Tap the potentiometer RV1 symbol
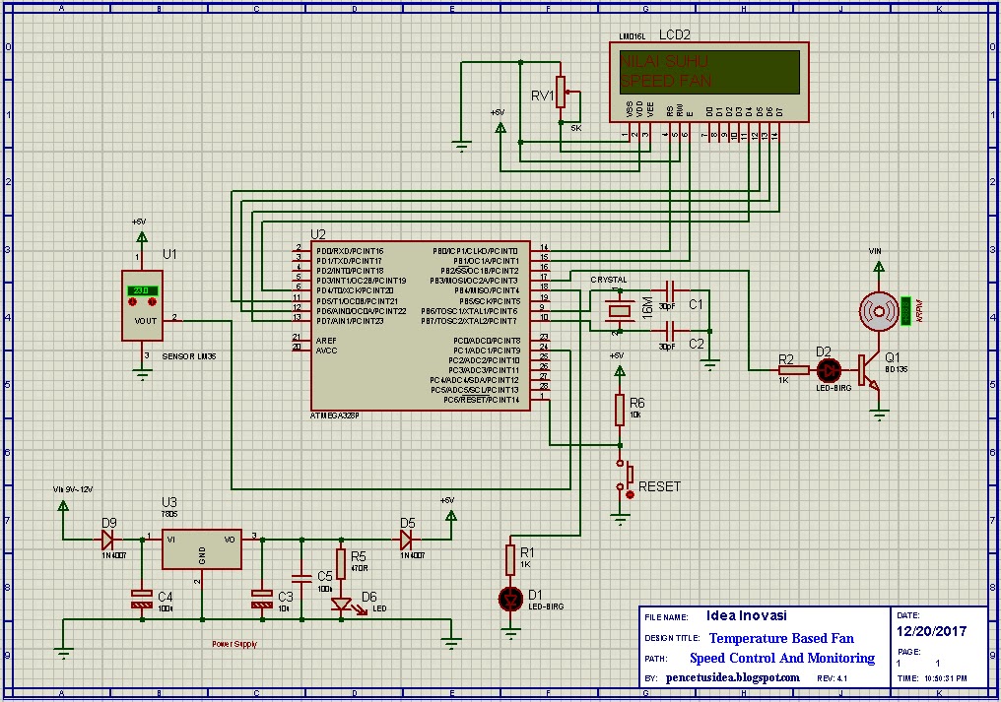click(561, 93)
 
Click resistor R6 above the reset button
click(620, 410)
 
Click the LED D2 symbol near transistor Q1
click(830, 370)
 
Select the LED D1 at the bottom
click(511, 598)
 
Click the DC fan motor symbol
click(877, 310)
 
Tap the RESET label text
click(659, 486)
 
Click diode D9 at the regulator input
click(107, 540)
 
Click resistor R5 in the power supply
click(341, 564)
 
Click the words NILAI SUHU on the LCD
click(664, 61)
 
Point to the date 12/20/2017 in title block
click(931, 632)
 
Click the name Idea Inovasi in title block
click(747, 616)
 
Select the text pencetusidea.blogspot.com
click(733, 678)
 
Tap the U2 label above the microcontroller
click(317, 234)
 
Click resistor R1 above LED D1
click(511, 560)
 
